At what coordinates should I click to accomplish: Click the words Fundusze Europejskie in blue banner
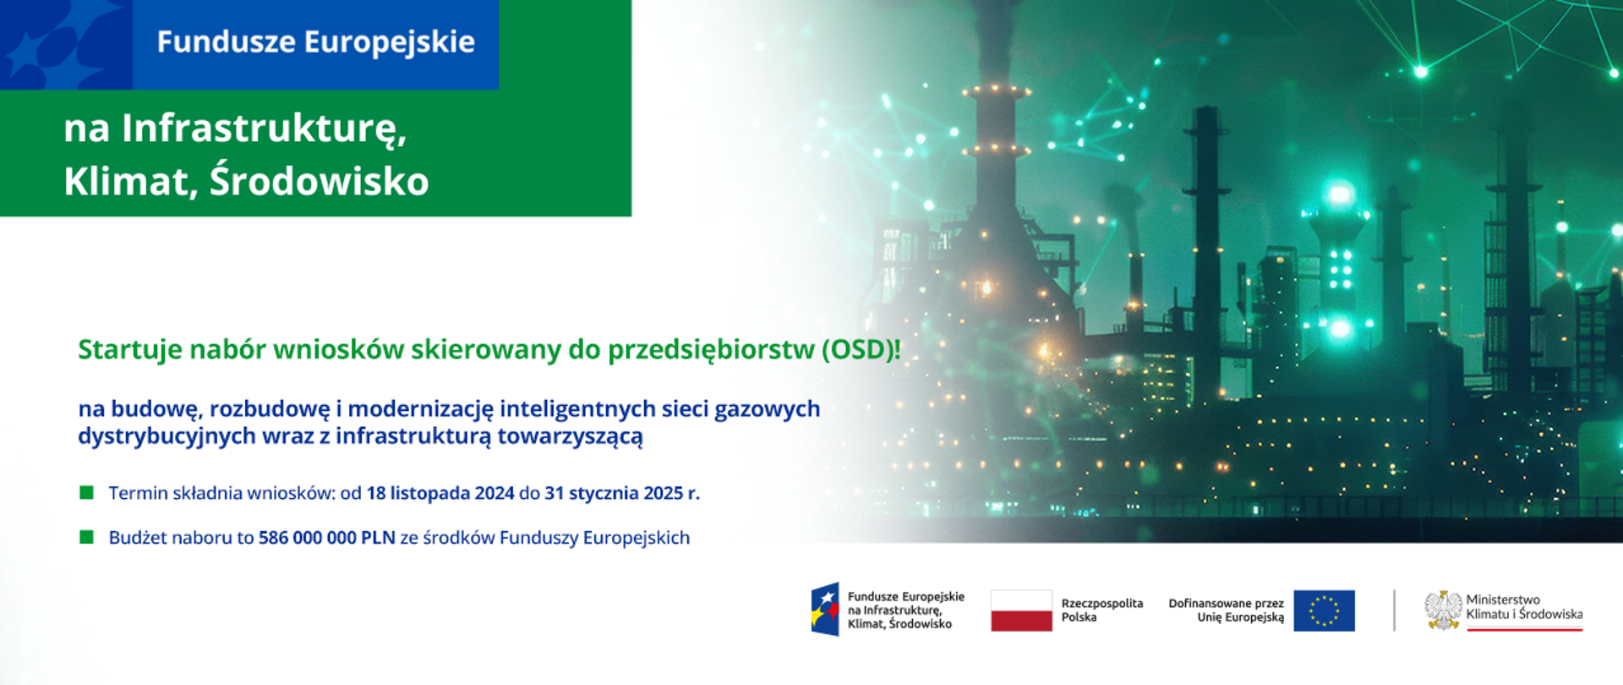315,42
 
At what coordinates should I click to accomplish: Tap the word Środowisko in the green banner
319,181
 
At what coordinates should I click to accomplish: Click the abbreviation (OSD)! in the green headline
861,349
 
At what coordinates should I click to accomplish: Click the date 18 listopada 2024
440,493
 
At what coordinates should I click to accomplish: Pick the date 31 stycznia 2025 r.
621,493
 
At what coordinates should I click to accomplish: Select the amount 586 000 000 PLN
326,538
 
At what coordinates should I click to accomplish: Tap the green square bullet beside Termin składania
86,492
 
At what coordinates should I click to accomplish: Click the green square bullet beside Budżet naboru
86,537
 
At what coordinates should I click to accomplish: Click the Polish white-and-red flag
1021,611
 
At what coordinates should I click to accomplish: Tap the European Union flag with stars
1324,611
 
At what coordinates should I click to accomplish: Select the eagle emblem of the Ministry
1442,610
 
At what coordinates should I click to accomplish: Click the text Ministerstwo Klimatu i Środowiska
1523,607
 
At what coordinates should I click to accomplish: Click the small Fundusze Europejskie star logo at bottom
825,609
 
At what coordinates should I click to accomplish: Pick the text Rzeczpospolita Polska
1101,610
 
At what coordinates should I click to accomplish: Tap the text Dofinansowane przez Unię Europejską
1226,610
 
